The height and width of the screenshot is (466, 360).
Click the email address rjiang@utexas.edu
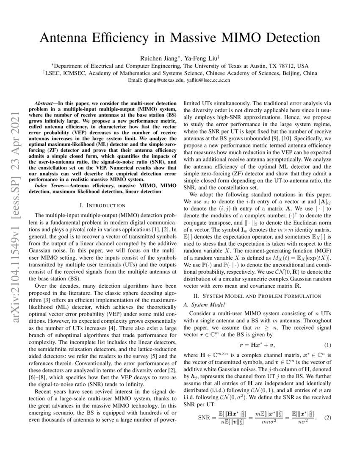point(167,80)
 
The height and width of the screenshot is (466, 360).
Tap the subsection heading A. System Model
point(202,305)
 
